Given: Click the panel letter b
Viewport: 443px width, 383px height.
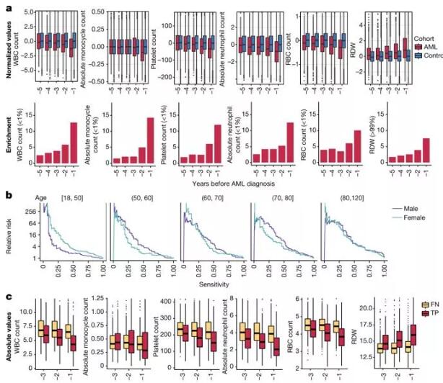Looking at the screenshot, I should (7, 194).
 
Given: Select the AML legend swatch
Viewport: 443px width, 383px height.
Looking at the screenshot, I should (398, 45).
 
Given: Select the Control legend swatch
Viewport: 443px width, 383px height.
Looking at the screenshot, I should (398, 55).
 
